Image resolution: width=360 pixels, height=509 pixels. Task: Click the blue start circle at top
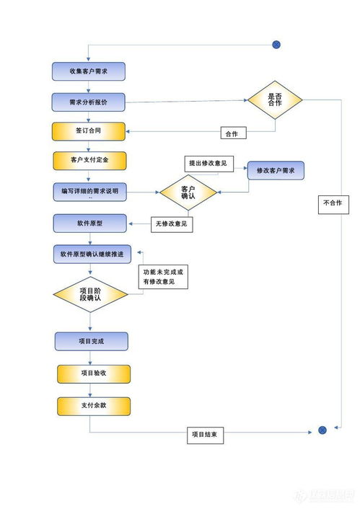coord(276,45)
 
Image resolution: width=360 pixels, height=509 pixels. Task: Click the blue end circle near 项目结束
coord(322,430)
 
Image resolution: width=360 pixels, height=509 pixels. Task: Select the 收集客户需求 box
coord(89,71)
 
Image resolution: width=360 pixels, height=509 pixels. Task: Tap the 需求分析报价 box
coord(89,102)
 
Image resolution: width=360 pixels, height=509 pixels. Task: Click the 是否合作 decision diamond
coord(275,99)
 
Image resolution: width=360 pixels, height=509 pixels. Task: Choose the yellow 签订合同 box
coord(89,132)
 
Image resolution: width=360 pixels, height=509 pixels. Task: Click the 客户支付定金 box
coord(89,159)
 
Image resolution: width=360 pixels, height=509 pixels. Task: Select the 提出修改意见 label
coord(208,163)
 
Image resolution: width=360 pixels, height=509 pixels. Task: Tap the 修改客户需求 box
coord(276,171)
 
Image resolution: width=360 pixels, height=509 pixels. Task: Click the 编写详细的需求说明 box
coord(89,192)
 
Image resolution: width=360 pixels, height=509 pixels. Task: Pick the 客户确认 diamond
coord(188,192)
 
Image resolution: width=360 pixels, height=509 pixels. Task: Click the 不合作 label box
coord(333,203)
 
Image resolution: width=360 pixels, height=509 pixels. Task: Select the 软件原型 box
coord(89,223)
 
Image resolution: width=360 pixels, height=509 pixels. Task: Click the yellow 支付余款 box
coord(94,406)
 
